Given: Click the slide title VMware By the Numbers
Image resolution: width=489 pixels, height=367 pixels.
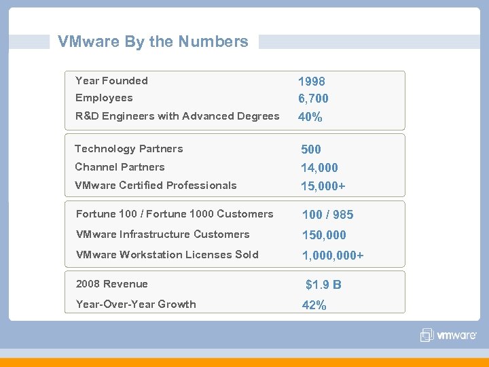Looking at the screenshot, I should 153,41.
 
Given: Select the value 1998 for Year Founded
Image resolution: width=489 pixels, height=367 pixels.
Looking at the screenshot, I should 312,81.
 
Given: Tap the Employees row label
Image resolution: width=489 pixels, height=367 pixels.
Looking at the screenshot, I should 104,98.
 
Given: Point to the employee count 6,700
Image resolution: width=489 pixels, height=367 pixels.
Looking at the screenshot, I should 313,99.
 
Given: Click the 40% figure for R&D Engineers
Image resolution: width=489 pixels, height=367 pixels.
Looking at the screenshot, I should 310,117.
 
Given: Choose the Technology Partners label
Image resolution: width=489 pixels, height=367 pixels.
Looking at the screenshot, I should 128,149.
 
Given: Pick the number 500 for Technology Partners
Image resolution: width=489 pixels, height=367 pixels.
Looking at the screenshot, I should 311,150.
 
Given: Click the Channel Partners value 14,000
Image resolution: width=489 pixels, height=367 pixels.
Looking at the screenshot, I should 319,168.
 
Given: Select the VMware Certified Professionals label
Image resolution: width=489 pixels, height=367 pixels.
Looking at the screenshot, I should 156,186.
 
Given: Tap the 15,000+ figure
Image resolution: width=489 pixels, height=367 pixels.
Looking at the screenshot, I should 323,186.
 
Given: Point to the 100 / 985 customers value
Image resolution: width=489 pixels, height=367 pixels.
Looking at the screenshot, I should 327,215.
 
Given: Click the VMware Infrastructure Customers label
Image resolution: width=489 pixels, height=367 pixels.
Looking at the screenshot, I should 162,234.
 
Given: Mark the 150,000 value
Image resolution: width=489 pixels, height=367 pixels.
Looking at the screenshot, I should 324,235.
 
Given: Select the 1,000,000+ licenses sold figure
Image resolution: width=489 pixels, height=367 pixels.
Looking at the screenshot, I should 333,256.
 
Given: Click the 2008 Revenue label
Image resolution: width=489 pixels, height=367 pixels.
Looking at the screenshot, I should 111,284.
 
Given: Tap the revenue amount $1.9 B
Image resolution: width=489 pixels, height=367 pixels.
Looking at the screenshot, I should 323,285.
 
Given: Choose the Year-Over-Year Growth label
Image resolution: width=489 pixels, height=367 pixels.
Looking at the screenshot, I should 136,304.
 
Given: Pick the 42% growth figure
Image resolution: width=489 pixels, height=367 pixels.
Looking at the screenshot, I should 314,306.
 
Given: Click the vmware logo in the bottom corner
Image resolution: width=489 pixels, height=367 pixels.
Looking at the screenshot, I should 448,335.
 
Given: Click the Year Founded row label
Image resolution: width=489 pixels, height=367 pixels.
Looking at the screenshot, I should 111,81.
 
